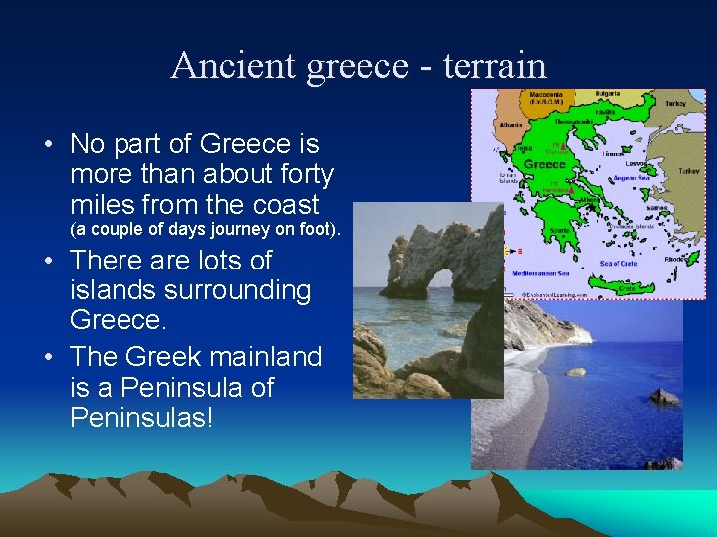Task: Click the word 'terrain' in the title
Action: [495, 66]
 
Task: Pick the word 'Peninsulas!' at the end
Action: [141, 417]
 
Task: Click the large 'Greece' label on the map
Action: [544, 164]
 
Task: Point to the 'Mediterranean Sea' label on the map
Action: [540, 270]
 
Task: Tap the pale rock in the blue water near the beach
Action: [576, 372]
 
